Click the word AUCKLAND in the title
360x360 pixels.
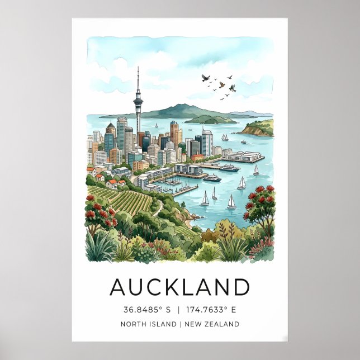coord(179,287)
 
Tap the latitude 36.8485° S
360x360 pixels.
coord(146,310)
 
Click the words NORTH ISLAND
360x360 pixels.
coord(147,324)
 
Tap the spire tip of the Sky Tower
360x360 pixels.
coord(138,69)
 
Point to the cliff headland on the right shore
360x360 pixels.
coord(257,129)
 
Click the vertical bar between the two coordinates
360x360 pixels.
coord(179,310)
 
